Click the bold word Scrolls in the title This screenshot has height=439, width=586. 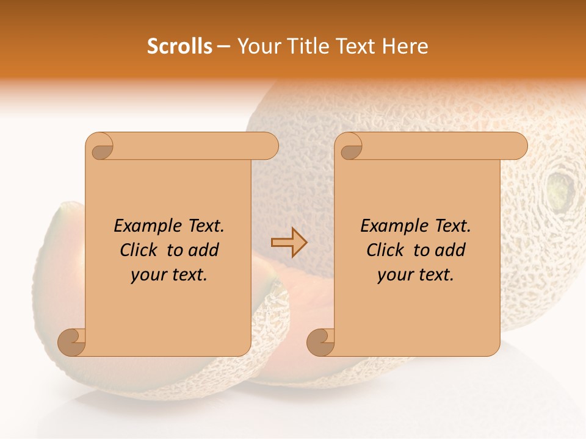tap(180, 46)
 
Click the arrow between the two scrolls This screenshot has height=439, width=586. tap(289, 243)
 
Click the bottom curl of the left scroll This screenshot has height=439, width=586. tap(72, 342)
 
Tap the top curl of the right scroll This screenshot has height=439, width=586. tap(350, 147)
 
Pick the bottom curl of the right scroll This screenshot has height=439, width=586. tap(321, 342)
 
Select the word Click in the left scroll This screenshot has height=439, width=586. tap(138, 250)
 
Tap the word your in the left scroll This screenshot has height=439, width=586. tap(147, 275)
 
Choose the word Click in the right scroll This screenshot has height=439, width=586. tap(385, 250)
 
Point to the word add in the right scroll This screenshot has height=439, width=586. tap(450, 250)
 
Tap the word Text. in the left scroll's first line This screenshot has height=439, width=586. tap(202, 226)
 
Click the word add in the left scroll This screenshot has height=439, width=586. tap(204, 250)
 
